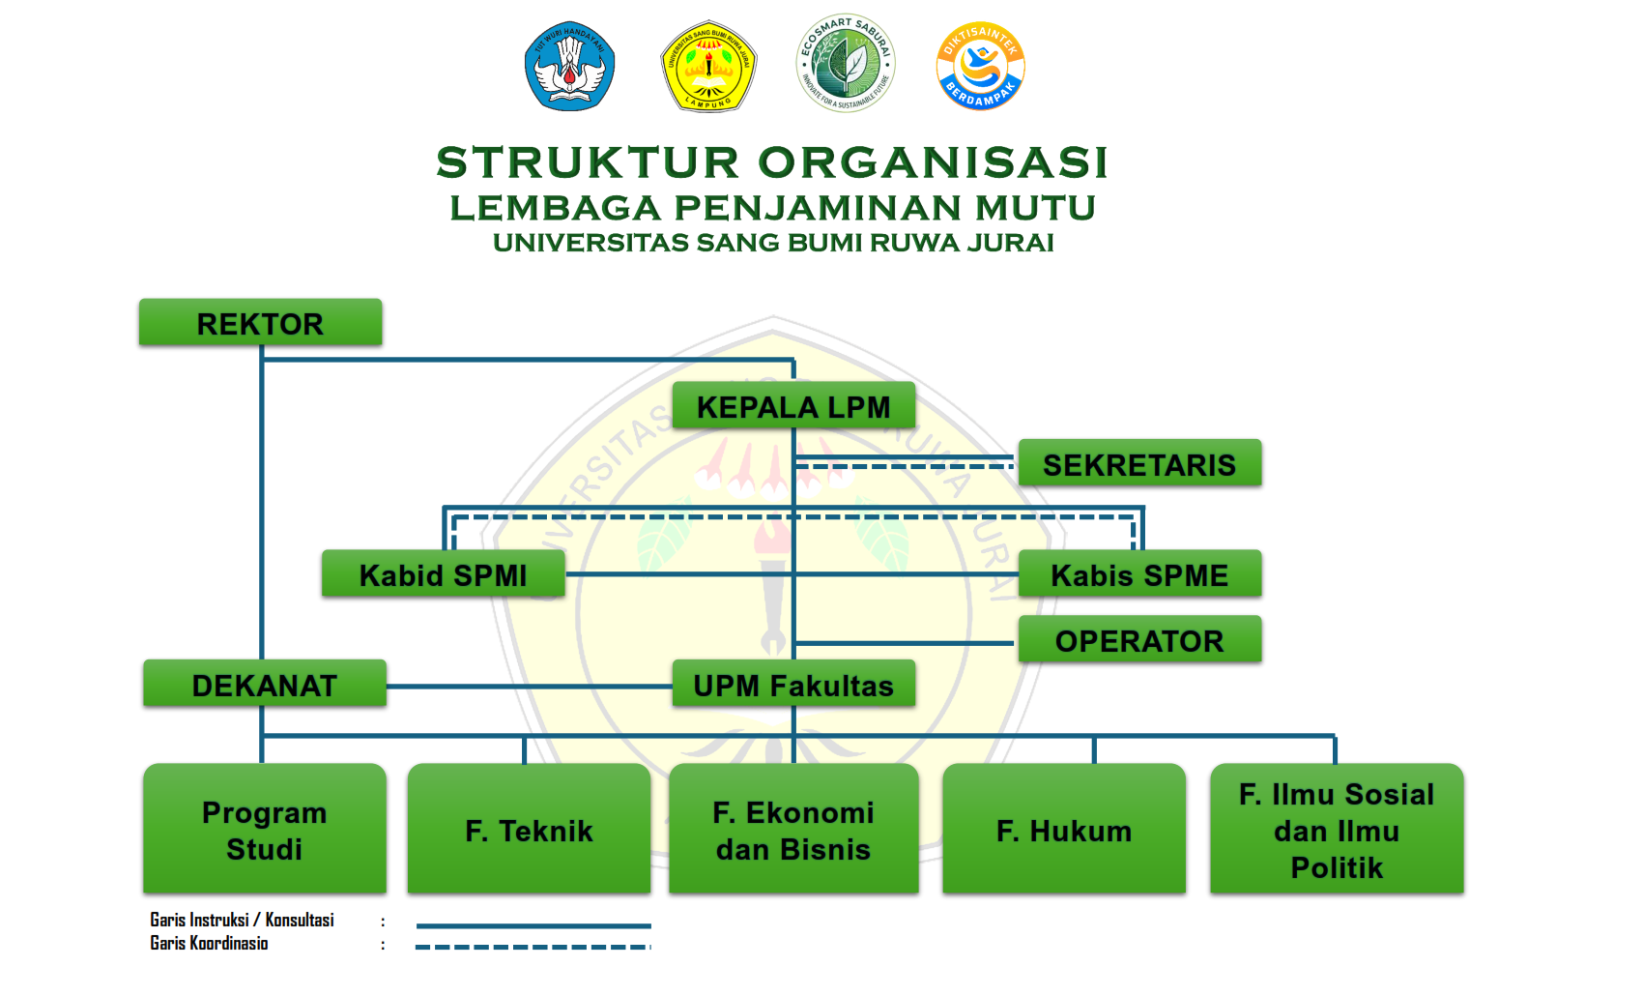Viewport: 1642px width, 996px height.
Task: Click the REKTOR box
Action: [260, 323]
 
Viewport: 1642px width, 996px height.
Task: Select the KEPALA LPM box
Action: [793, 406]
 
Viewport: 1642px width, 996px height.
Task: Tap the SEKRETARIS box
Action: [1139, 464]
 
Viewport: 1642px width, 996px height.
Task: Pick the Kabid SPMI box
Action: [443, 574]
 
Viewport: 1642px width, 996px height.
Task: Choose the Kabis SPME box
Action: [1139, 574]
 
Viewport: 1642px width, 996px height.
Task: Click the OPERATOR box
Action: [1139, 640]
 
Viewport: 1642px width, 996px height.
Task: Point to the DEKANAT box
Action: [264, 685]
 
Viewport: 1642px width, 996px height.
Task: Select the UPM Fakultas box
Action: [793, 685]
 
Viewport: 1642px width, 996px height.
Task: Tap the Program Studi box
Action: [264, 830]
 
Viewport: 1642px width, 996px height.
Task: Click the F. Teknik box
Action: [529, 830]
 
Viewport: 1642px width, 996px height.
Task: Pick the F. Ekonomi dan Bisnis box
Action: [793, 830]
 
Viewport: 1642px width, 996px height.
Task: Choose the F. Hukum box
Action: [1063, 830]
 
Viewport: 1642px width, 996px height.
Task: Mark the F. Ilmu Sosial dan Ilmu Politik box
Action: [1337, 830]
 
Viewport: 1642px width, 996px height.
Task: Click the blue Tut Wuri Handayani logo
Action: [570, 66]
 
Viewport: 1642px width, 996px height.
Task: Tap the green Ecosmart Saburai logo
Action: [846, 64]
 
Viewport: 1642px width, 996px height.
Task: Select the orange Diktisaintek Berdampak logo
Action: [980, 66]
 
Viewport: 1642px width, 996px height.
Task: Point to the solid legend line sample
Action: [533, 925]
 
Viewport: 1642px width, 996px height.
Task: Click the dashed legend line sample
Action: [533, 947]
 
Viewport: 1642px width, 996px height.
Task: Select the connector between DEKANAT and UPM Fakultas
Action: [529, 687]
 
